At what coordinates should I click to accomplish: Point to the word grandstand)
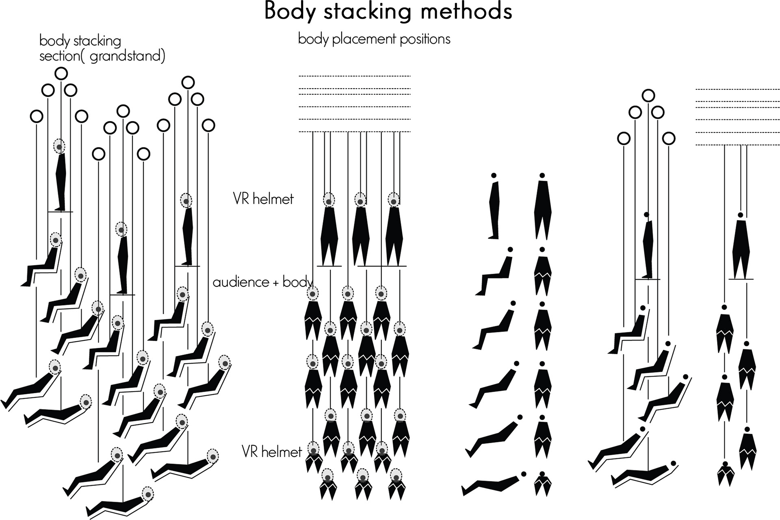[127, 56]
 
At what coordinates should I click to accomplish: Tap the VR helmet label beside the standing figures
[263, 199]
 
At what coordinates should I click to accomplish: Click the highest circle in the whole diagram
[61, 74]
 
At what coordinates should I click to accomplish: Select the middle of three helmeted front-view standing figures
[360, 232]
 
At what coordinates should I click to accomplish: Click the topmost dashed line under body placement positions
[355, 76]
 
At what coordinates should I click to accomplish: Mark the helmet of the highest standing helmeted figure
[60, 146]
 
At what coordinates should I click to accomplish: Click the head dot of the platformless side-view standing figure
[494, 175]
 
